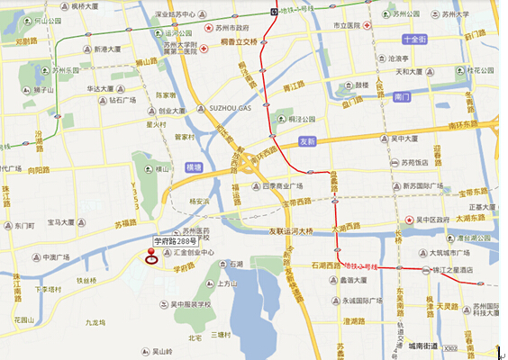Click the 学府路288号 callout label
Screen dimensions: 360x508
click(173, 240)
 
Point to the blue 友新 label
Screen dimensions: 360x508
click(308, 141)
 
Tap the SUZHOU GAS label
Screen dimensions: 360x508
click(231, 107)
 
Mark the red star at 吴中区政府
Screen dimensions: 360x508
click(408, 219)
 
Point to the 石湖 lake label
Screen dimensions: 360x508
click(236, 264)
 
